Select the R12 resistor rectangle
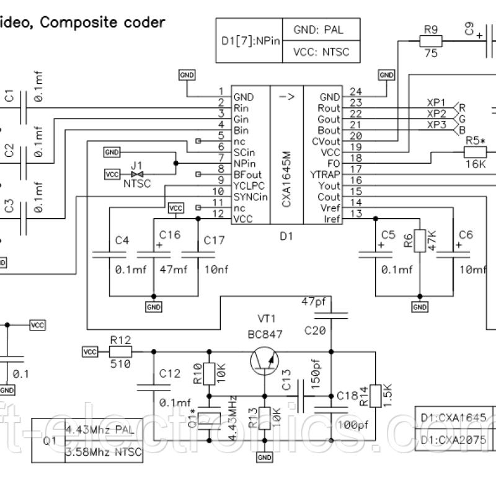coord(120,352)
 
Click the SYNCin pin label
coord(250,197)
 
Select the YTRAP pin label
coord(324,175)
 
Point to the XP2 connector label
coord(436,113)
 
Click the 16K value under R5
coord(475,164)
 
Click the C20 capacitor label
coord(315,331)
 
